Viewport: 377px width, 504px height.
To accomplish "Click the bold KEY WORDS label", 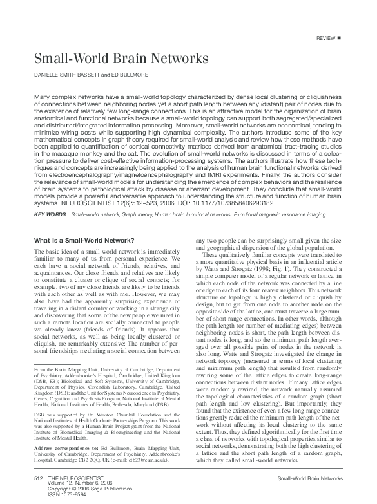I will tap(48, 213).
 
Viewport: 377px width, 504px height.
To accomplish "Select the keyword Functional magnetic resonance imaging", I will tap(293, 213).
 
